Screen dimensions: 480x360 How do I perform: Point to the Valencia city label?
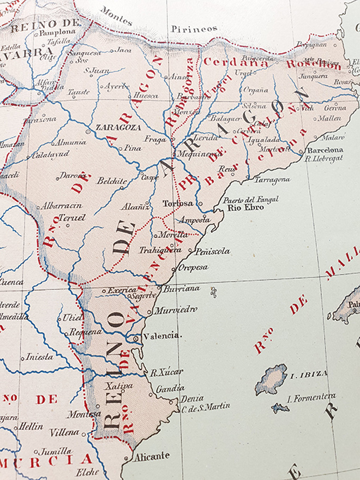(x=162, y=336)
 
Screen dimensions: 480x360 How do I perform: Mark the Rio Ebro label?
(x=244, y=208)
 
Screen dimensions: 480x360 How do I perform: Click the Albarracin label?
(x=61, y=205)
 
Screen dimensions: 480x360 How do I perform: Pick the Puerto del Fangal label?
(x=251, y=199)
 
